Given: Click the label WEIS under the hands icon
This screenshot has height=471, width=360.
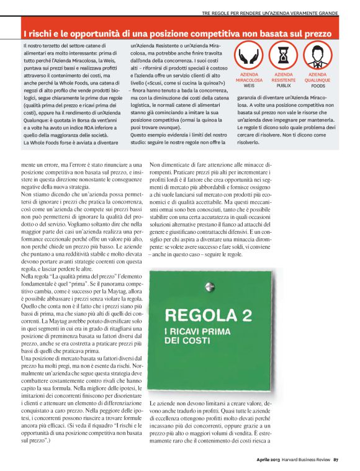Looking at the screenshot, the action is click(x=249, y=85).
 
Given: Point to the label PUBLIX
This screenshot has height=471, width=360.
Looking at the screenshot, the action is click(x=284, y=85).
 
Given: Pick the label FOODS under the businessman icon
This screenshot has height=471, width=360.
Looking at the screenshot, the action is click(x=318, y=85).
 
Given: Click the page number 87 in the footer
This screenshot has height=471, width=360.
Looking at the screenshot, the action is click(x=336, y=460).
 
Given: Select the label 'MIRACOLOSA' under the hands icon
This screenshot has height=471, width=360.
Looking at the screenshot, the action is click(x=249, y=80).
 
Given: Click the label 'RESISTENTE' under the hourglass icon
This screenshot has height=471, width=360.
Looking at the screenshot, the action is click(x=284, y=80).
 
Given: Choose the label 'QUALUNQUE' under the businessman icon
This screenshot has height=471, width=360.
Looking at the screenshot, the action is click(x=318, y=80).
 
